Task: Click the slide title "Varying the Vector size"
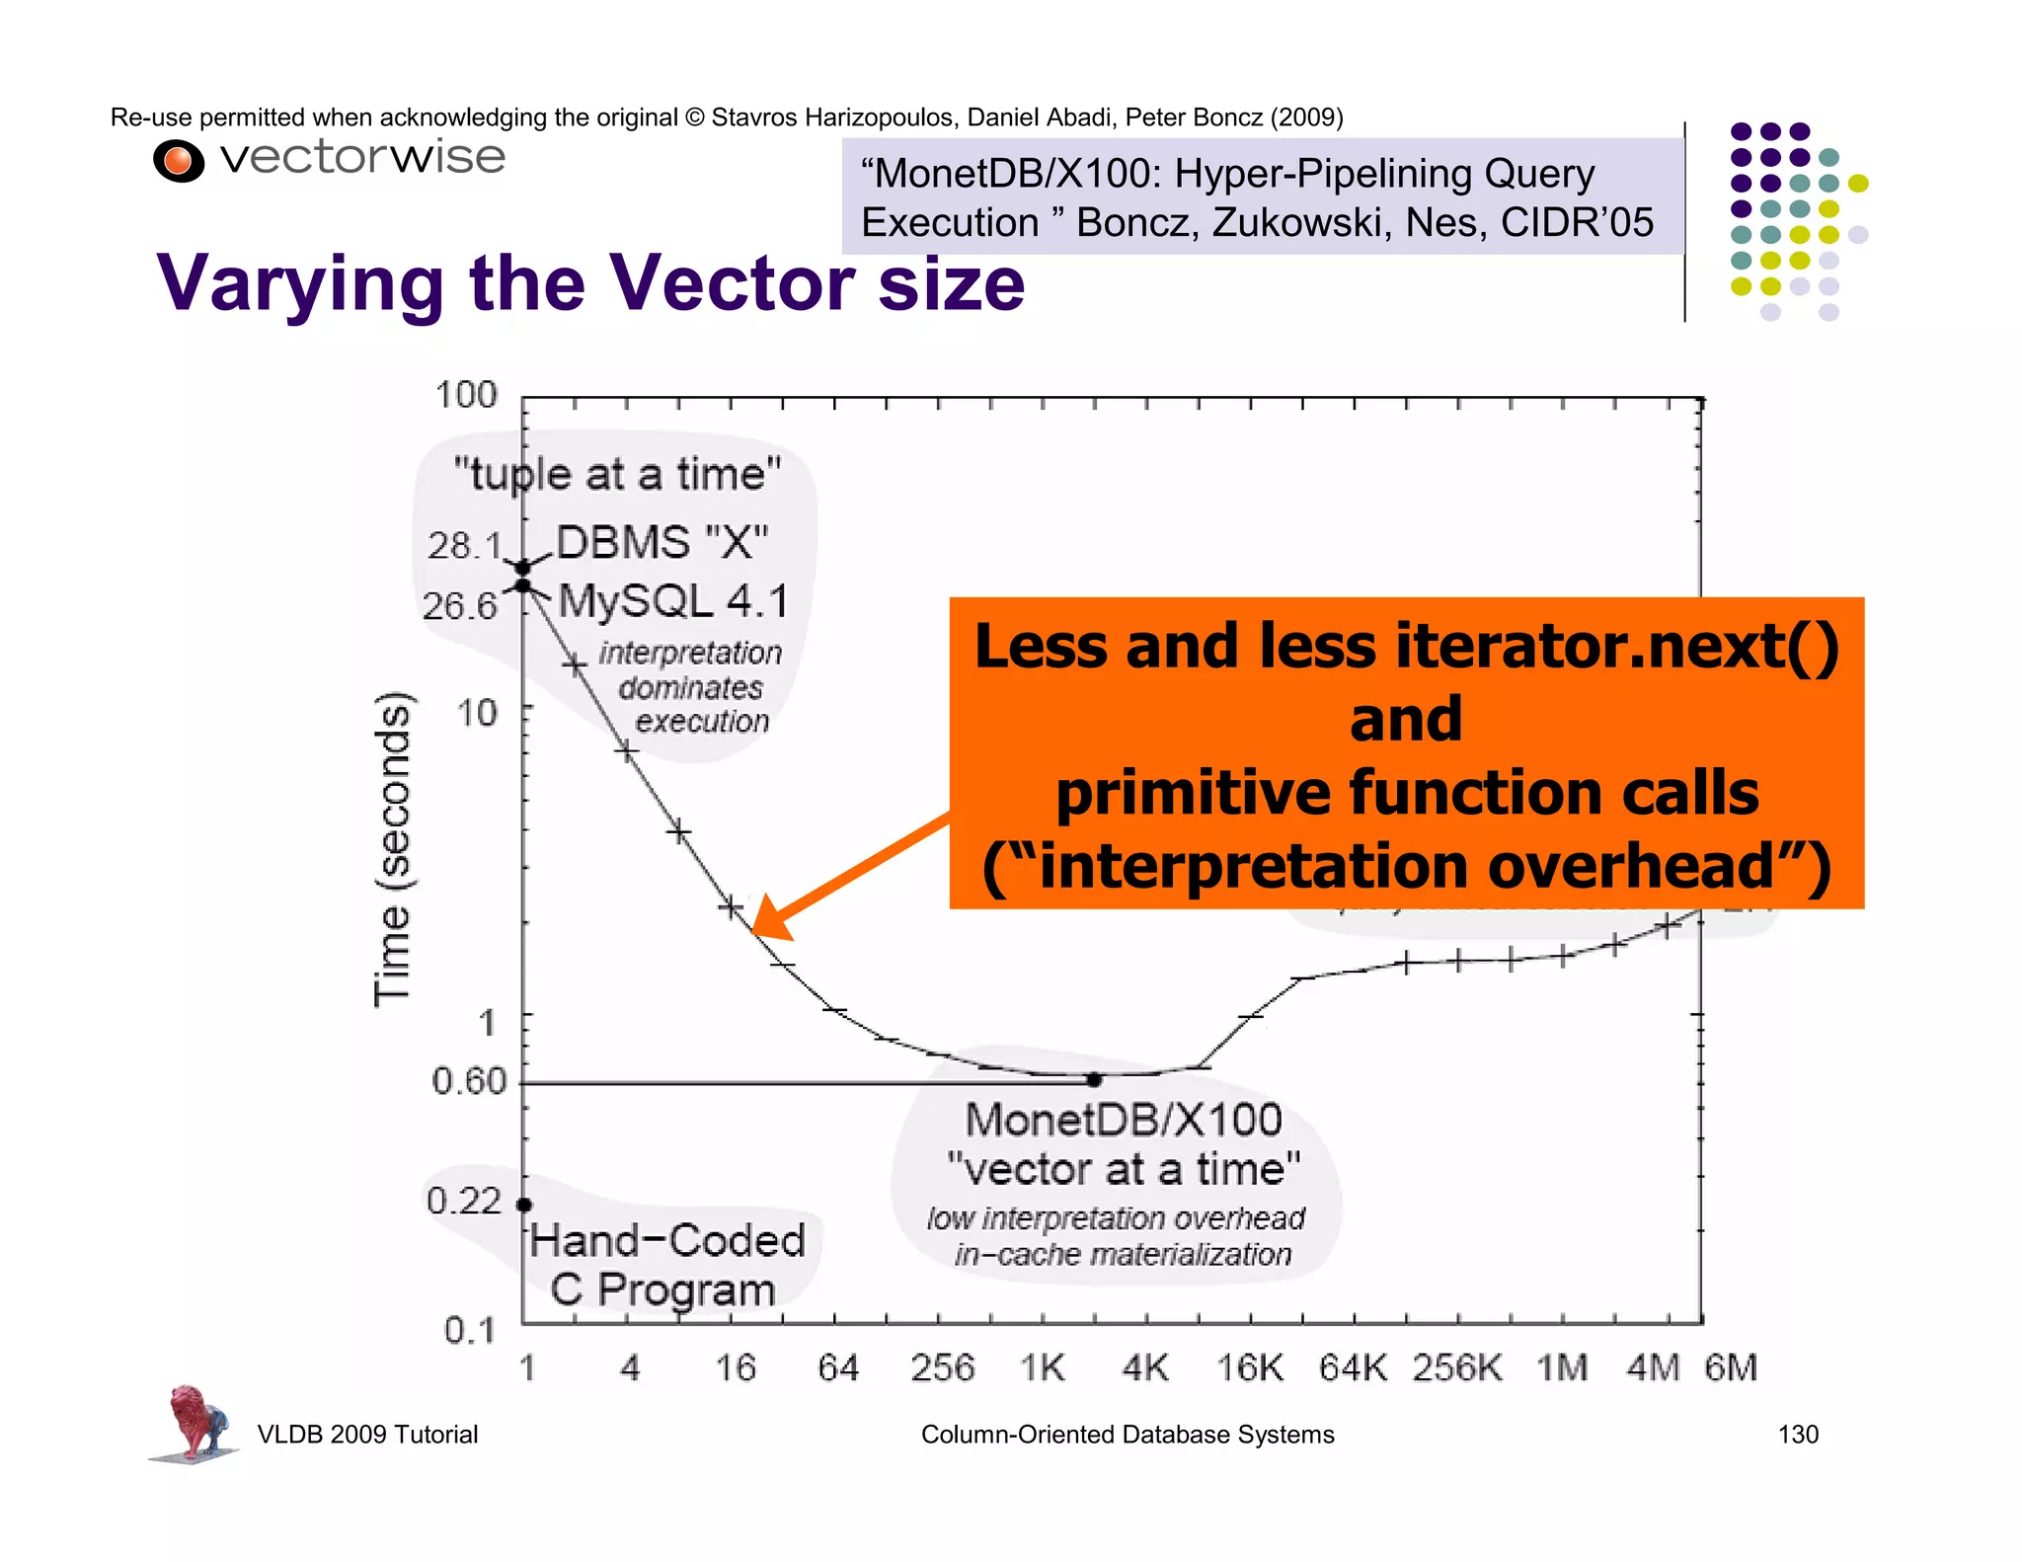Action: click(x=590, y=283)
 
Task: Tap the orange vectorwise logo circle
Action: click(x=179, y=161)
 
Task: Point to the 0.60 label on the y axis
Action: click(x=469, y=1081)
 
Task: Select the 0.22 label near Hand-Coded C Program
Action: click(x=464, y=1201)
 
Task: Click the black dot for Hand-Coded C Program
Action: click(x=524, y=1205)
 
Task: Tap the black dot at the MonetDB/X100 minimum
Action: click(x=1094, y=1080)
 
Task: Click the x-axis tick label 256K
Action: click(x=1457, y=1368)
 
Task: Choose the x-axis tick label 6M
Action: click(x=1731, y=1368)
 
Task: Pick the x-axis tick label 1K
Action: click(x=1043, y=1368)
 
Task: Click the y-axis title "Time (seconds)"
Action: click(x=392, y=849)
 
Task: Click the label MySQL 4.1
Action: click(x=673, y=601)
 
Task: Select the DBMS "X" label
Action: click(x=661, y=543)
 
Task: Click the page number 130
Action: click(x=1797, y=1435)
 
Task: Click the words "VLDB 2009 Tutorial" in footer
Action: click(x=367, y=1435)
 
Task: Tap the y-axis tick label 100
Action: click(x=466, y=395)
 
